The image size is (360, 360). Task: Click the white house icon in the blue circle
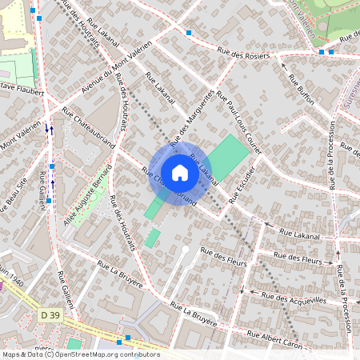coord(180,171)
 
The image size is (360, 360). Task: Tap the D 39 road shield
coord(49,316)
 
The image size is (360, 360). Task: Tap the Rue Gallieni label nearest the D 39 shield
coord(62,287)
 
